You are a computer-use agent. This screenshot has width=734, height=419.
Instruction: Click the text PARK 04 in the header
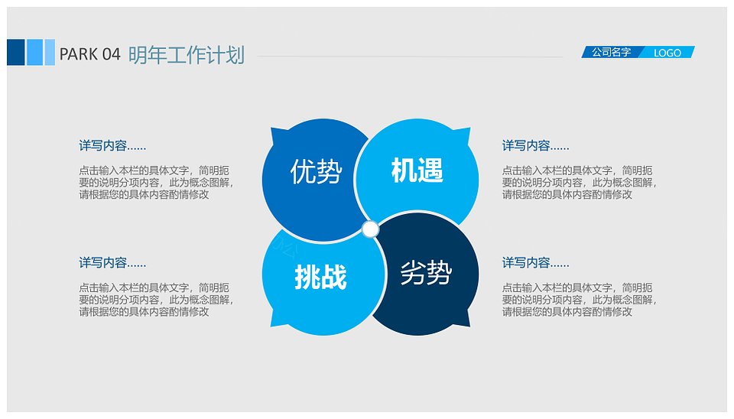tap(90, 54)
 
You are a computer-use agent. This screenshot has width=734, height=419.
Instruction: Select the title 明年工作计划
tap(187, 55)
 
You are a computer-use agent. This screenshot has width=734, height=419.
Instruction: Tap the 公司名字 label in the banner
tap(611, 52)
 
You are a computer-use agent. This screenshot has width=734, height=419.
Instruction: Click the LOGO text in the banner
tap(667, 53)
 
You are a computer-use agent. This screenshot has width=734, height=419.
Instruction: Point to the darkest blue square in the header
tap(16, 53)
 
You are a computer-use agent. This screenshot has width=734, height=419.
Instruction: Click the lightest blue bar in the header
tap(50, 53)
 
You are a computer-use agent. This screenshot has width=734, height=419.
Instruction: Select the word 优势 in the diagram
tap(316, 171)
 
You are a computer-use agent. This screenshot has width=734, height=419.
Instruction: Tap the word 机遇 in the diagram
tap(417, 170)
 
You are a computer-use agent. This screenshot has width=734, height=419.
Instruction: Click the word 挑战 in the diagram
tap(320, 276)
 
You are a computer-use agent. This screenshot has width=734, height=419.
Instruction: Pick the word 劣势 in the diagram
tap(426, 272)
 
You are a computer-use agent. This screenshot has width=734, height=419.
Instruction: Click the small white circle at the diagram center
tap(370, 229)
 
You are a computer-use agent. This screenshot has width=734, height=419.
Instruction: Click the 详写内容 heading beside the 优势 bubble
tap(112, 145)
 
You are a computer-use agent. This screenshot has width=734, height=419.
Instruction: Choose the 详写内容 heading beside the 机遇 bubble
tap(535, 145)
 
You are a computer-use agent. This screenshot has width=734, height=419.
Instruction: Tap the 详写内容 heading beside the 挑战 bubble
tap(112, 262)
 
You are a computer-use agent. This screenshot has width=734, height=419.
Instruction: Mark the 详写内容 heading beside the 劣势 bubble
tap(535, 262)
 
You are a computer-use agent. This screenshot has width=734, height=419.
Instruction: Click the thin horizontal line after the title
tap(410, 57)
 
